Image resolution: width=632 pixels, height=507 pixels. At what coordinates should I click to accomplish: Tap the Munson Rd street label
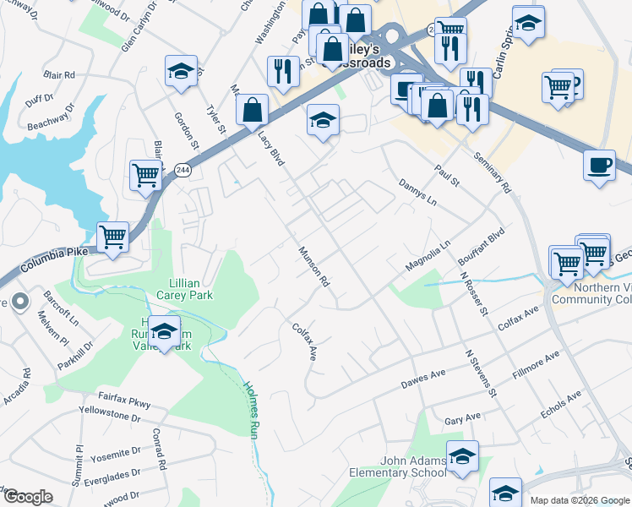coord(312,266)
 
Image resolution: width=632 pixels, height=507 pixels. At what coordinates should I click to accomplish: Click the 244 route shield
coord(183,171)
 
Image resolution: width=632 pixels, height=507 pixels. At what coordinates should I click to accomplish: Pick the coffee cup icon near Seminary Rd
coord(599,165)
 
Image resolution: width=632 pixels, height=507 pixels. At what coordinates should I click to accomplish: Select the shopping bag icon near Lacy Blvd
coord(252,109)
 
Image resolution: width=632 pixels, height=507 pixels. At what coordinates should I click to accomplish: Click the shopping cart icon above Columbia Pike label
coord(112,237)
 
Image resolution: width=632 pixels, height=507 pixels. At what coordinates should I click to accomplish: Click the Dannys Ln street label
coord(417,194)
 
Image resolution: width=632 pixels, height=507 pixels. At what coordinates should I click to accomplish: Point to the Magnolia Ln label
coord(428,255)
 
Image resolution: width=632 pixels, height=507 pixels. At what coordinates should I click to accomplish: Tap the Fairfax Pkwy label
coord(123,400)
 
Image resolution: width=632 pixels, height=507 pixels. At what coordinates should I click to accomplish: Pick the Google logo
coord(28,497)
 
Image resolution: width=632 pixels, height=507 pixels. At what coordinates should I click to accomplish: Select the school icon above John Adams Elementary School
coord(462,455)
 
